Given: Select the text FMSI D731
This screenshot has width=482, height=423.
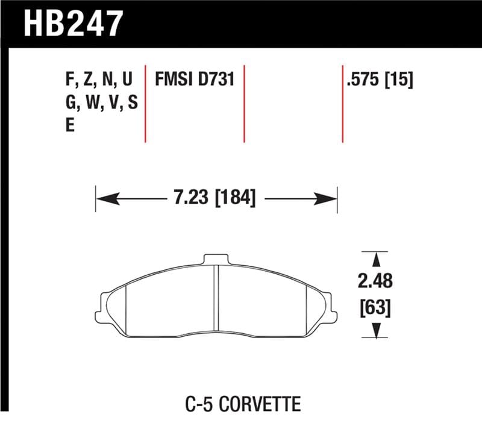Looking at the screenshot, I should tap(195, 80).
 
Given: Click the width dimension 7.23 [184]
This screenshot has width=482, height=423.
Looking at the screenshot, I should tap(215, 197).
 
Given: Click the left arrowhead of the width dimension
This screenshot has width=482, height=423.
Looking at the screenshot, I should tap(104, 197).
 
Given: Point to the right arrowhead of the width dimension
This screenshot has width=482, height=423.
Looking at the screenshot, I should tap(329, 197).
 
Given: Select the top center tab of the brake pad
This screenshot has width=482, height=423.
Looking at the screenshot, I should tap(216, 260).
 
